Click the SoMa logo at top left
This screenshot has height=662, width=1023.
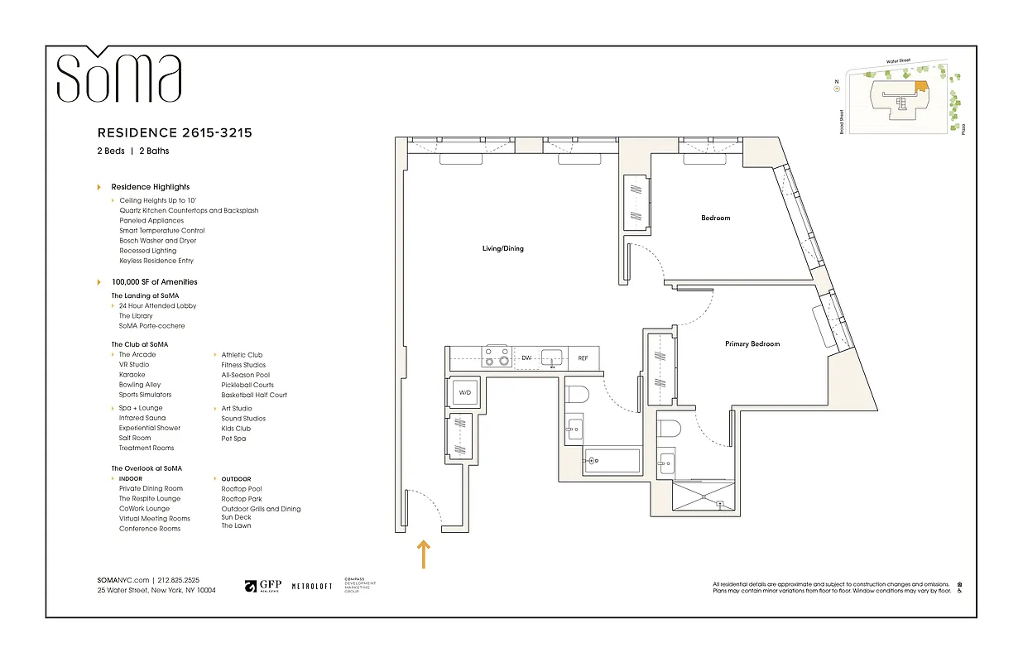tap(118, 76)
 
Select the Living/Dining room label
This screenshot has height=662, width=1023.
tap(503, 248)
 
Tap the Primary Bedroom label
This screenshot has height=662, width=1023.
tap(752, 344)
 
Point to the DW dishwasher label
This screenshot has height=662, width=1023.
tap(526, 358)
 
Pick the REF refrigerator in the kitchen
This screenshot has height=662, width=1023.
tap(583, 358)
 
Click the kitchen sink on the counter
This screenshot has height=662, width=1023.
tap(552, 357)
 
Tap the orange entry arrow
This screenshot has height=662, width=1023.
tap(424, 554)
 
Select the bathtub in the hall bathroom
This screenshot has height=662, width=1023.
tap(612, 461)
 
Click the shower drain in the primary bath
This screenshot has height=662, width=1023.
tap(719, 504)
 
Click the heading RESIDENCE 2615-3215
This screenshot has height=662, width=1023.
tap(175, 132)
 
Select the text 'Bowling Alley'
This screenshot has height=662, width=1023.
tap(140, 385)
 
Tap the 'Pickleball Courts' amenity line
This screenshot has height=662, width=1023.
tap(247, 385)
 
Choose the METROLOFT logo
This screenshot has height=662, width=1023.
tap(311, 587)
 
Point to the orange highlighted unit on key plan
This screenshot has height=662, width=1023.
tap(921, 86)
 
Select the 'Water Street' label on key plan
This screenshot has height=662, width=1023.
tap(898, 61)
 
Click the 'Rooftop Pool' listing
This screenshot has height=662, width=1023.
tap(242, 489)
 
